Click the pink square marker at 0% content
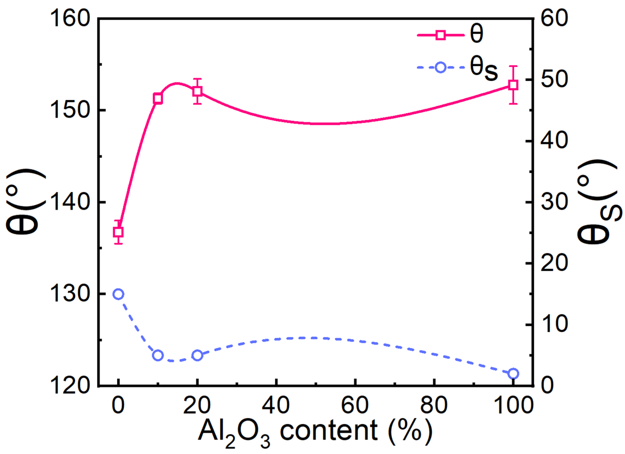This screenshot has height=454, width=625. click(x=118, y=232)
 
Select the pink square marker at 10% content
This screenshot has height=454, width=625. click(x=158, y=98)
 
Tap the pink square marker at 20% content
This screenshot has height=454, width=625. click(x=197, y=91)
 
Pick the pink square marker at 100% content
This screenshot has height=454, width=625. click(x=513, y=85)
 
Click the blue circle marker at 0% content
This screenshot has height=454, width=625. click(x=118, y=294)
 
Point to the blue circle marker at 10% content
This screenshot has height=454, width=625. click(x=158, y=355)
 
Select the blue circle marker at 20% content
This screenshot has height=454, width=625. click(x=197, y=355)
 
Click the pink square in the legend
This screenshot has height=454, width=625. click(x=441, y=35)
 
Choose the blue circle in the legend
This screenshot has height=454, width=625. click(x=441, y=67)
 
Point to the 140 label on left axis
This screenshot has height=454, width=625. click(x=71, y=203)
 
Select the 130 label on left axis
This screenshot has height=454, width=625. click(x=71, y=294)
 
